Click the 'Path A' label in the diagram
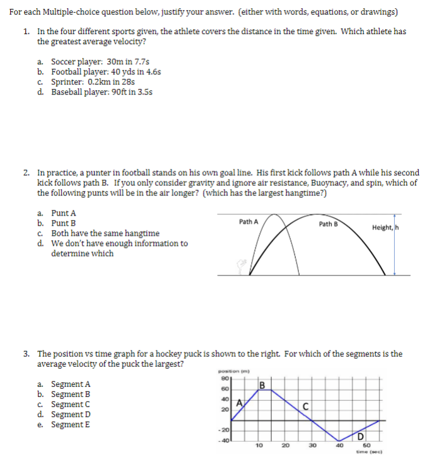tap(249, 221)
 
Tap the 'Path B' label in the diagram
tap(328, 224)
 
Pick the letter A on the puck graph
tap(240, 403)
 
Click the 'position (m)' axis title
tap(230, 372)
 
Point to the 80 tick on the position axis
tap(224, 379)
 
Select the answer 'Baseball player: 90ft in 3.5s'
tap(101, 92)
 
